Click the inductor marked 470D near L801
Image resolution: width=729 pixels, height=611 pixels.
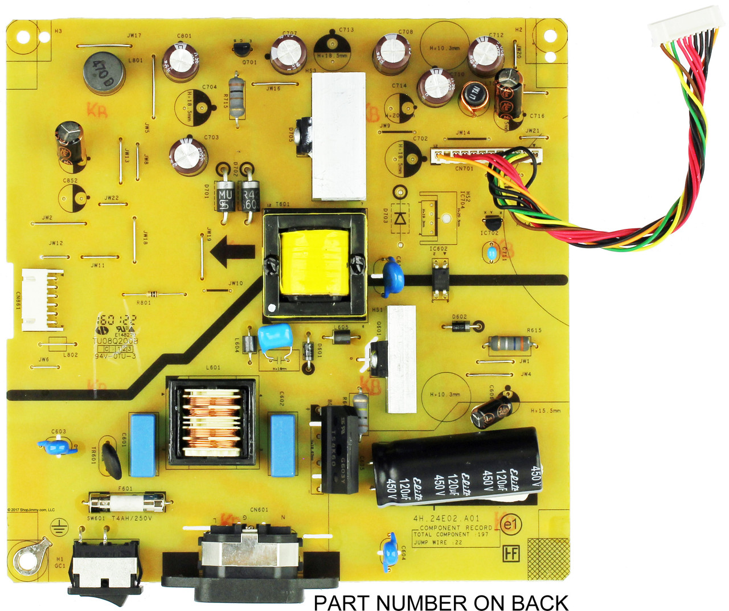coord(104,72)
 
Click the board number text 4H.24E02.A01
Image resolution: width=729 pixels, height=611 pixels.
coord(447,519)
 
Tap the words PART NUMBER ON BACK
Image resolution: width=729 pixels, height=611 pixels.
coord(441,602)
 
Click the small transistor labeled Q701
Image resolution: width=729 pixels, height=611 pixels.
coord(244,49)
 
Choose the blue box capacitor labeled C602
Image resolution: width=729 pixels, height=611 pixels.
coord(282,445)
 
